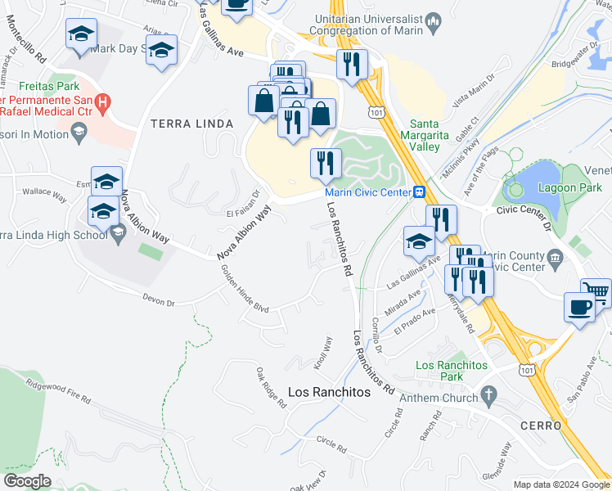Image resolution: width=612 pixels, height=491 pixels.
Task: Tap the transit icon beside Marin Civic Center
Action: pyautogui.click(x=419, y=193)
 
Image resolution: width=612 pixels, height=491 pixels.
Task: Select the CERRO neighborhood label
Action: pyautogui.click(x=539, y=426)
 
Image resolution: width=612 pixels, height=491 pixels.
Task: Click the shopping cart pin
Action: pyautogui.click(x=596, y=291)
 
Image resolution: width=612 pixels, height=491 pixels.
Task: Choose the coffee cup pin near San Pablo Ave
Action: pyautogui.click(x=579, y=308)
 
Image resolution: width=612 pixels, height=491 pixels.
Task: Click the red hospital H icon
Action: pyautogui.click(x=102, y=103)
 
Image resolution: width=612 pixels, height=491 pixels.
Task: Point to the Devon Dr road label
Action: pyautogui.click(x=159, y=302)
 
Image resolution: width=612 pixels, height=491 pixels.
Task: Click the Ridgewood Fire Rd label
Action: pyautogui.click(x=58, y=390)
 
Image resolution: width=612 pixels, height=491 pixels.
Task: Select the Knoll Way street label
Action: pyautogui.click(x=324, y=353)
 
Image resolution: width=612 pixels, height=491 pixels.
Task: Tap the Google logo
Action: pyautogui.click(x=27, y=480)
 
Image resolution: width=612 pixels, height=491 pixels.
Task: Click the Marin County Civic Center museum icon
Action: pyautogui.click(x=556, y=259)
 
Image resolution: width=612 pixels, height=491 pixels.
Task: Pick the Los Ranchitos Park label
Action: pyautogui.click(x=452, y=371)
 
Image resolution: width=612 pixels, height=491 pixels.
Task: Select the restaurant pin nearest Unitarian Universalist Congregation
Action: pyautogui.click(x=352, y=63)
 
